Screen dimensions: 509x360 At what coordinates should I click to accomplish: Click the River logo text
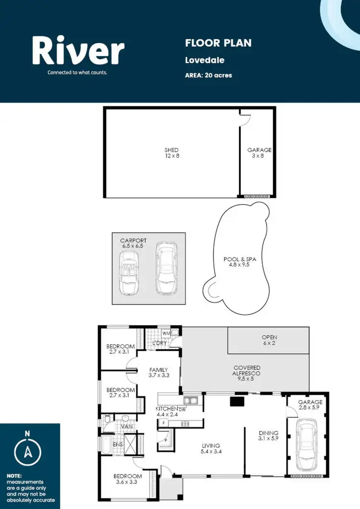pos(78,51)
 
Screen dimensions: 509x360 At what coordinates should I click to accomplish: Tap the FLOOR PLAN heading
pos(218,43)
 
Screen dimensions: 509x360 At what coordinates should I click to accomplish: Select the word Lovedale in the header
pos(204,61)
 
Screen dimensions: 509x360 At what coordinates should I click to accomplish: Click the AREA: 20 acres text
pos(208,75)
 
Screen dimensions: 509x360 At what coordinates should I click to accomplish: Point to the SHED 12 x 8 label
pos(171,153)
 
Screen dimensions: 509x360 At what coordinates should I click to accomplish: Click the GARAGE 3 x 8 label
pos(259,153)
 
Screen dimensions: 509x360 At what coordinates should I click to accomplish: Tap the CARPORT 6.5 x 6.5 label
pos(134,243)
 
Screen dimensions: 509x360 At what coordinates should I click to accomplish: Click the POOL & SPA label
pos(240,262)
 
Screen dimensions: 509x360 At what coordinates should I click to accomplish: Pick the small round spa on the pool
pos(214,290)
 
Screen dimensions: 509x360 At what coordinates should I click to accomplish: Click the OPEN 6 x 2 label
pos(269,340)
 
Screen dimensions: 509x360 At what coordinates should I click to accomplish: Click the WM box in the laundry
pos(166,333)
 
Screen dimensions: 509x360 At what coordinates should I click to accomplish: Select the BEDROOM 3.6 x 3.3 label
pos(127,479)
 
